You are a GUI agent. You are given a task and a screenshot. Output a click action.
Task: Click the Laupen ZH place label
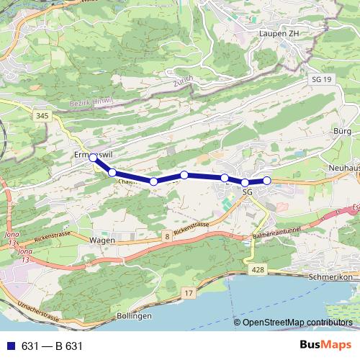click(279, 32)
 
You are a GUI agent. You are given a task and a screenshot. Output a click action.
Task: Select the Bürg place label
click(342, 132)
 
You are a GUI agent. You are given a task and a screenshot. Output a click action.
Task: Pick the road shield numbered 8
click(166, 235)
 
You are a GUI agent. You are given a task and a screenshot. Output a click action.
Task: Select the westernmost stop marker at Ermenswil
click(93, 158)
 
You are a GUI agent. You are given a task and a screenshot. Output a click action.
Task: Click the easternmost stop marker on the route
click(267, 180)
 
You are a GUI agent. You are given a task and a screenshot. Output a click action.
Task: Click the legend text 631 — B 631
click(52, 346)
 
